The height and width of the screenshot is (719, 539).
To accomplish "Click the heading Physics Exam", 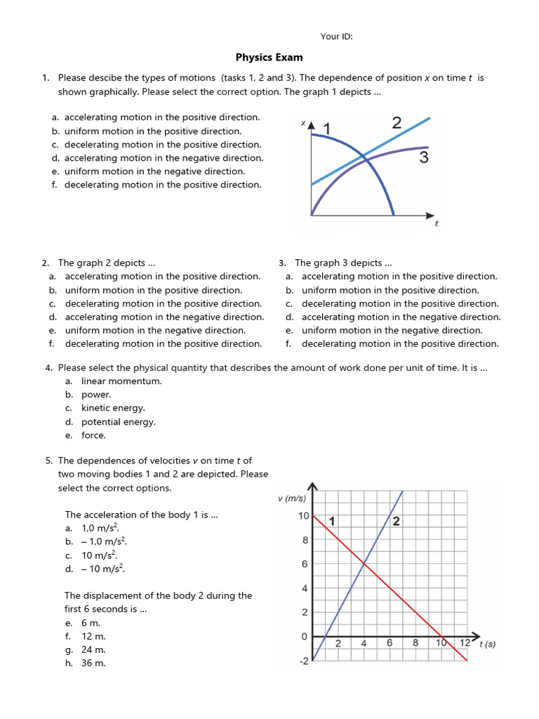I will (x=269, y=58).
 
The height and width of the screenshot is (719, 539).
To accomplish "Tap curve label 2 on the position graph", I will (x=397, y=124).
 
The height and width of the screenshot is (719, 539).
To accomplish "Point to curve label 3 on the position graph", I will (x=423, y=157).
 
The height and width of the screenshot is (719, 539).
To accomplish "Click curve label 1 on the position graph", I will (x=326, y=128).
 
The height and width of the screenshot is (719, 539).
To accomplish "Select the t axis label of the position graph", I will (x=437, y=223).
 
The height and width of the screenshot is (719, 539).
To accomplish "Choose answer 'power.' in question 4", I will (x=96, y=395).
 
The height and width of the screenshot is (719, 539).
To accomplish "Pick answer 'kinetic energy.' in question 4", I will (x=113, y=408).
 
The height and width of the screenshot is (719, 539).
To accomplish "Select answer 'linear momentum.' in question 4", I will (x=121, y=381).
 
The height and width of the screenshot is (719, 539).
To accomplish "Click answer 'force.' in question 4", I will (x=93, y=435).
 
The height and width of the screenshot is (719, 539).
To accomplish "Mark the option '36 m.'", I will (x=93, y=663).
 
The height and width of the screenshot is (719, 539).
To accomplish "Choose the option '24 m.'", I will (x=93, y=649).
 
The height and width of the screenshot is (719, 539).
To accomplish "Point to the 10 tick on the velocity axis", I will (x=303, y=516).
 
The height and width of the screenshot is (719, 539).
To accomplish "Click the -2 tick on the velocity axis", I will (x=303, y=661).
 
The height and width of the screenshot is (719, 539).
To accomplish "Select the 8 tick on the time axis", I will (x=415, y=642).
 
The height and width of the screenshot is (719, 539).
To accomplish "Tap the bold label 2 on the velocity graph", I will (x=397, y=521).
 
